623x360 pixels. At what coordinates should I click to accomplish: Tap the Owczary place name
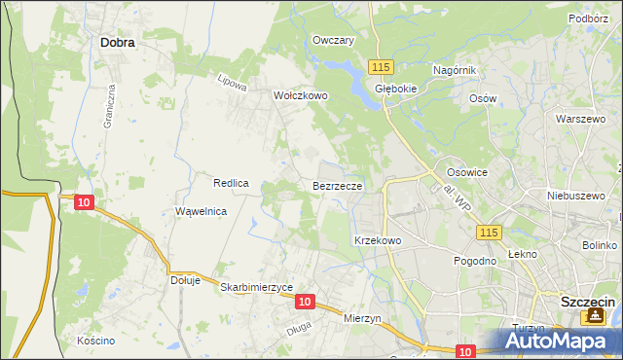pos(332,41)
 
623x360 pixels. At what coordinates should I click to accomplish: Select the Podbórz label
pos(588,18)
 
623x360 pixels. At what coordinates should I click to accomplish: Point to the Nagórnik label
pos(453,71)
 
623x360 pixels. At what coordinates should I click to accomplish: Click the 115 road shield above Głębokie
pos(381,65)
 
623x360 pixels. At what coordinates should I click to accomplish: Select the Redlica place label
pos(233,183)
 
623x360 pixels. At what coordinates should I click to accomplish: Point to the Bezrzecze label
pos(338,184)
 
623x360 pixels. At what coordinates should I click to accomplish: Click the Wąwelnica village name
pos(201,211)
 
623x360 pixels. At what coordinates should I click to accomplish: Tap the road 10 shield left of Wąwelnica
pos(84,201)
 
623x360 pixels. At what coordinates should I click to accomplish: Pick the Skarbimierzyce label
pos(257,288)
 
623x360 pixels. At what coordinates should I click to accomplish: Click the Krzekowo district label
pos(378,239)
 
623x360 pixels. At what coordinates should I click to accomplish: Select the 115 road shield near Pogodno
pos(489,232)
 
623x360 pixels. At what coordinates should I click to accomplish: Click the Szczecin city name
pos(587,303)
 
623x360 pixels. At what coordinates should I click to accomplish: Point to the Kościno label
pos(95,341)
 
